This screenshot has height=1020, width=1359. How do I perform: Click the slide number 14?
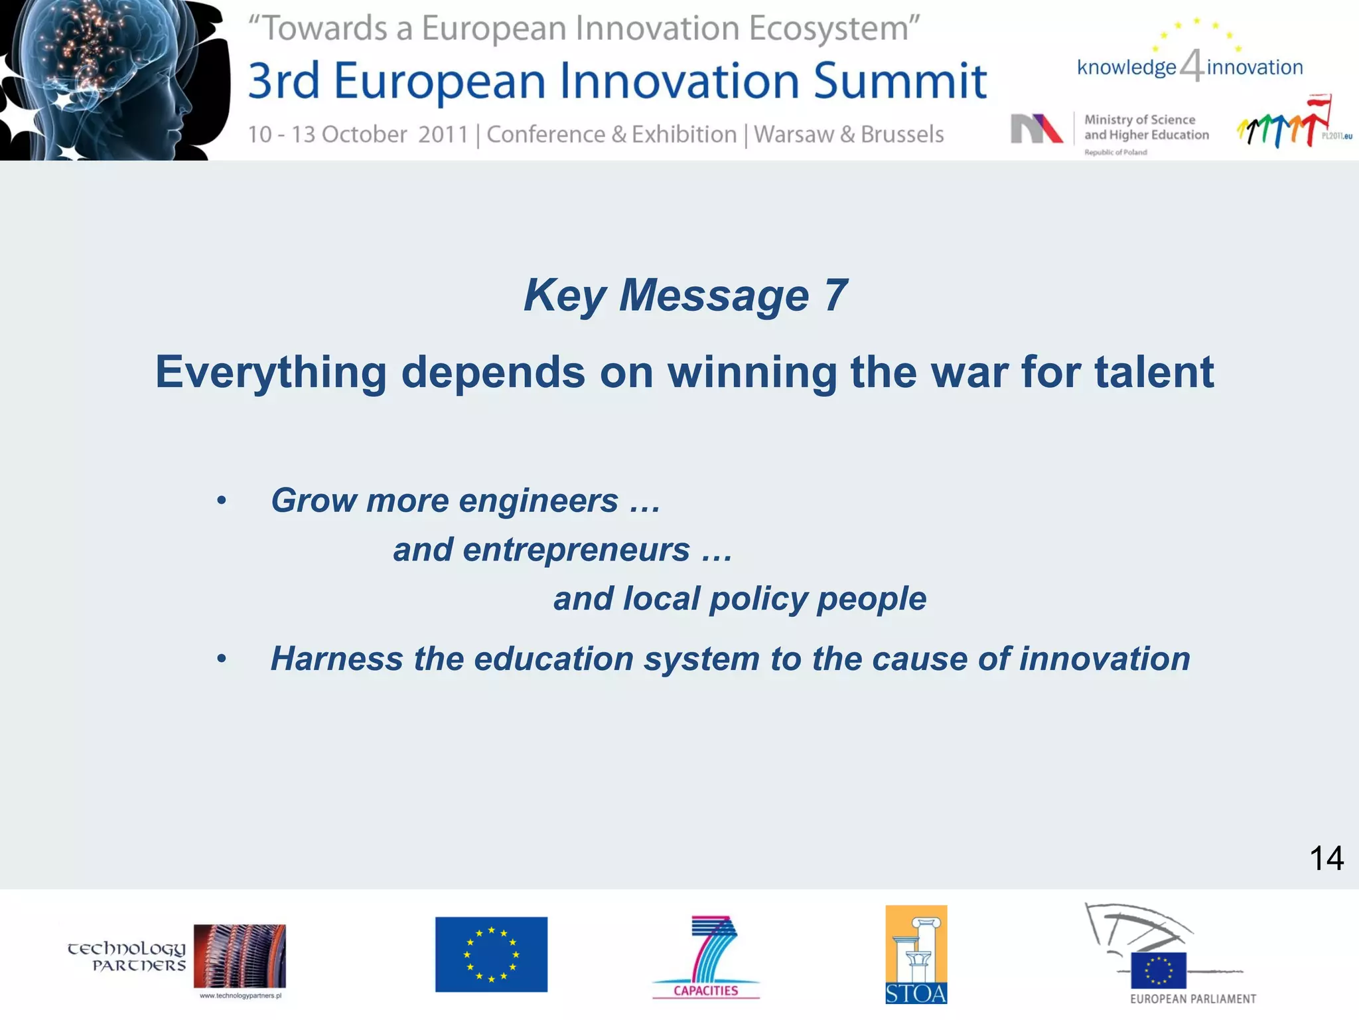tap(1326, 858)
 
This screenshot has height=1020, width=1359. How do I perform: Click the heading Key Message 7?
tap(685, 295)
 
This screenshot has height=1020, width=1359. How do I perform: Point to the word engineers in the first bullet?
tap(538, 501)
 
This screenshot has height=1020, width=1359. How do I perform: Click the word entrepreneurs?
tap(576, 550)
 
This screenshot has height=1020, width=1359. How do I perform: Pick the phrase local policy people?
tap(739, 599)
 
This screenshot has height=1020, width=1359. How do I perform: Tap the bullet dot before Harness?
tap(222, 659)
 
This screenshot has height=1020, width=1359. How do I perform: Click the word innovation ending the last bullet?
tap(1104, 659)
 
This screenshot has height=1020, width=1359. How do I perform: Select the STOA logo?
tap(916, 954)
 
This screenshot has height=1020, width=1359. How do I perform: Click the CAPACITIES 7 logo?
tap(706, 956)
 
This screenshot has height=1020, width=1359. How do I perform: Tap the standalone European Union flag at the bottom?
tap(491, 954)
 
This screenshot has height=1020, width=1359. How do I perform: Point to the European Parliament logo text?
tap(1192, 999)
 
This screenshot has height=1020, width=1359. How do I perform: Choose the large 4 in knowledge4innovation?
tap(1192, 66)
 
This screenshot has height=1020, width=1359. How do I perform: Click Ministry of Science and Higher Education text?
tap(1146, 127)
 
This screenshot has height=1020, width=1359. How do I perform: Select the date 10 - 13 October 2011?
tap(358, 135)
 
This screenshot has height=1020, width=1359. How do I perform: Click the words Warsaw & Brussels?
tap(849, 135)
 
